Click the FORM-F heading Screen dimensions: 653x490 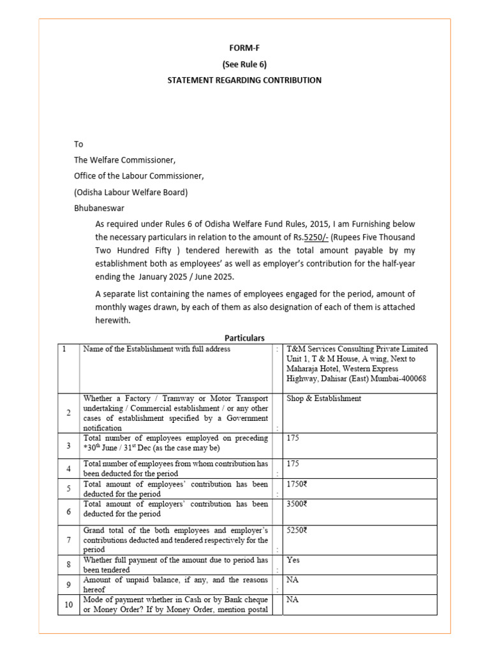tap(244, 48)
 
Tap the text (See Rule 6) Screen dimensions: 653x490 tap(244, 64)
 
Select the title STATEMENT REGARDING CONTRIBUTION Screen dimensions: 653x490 tap(244, 80)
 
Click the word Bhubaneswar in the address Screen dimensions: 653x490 tap(100, 208)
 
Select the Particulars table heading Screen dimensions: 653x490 tap(244, 337)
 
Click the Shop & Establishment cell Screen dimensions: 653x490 tap(324, 399)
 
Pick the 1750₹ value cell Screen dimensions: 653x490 tap(297, 484)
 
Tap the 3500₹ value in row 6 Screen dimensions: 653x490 tap(297, 504)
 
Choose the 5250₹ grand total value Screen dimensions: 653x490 tap(297, 530)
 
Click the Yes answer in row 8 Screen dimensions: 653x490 tap(293, 560)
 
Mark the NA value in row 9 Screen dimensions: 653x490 tap(293, 580)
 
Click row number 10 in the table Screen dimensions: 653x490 tap(67, 605)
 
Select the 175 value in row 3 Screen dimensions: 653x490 tap(293, 439)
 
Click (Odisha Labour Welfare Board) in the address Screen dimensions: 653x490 tap(131, 192)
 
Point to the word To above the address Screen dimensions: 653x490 tap(78, 144)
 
